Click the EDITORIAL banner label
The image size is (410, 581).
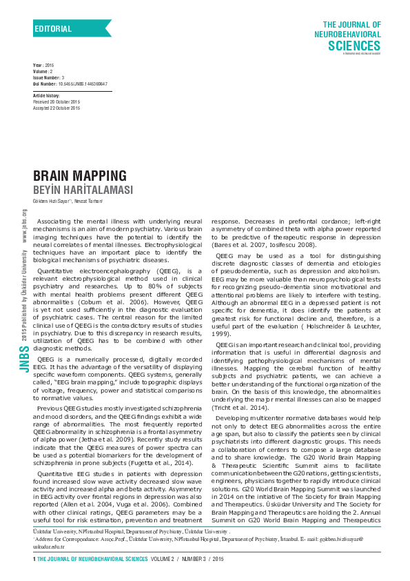click(53, 29)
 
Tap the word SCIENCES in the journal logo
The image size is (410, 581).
click(354, 46)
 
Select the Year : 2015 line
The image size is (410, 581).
click(43, 64)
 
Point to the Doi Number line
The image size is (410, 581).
click(70, 83)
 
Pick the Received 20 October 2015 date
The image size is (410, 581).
click(57, 101)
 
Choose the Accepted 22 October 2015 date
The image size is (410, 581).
click(57, 106)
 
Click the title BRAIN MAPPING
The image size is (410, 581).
click(80, 175)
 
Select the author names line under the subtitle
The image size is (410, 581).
click(68, 201)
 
